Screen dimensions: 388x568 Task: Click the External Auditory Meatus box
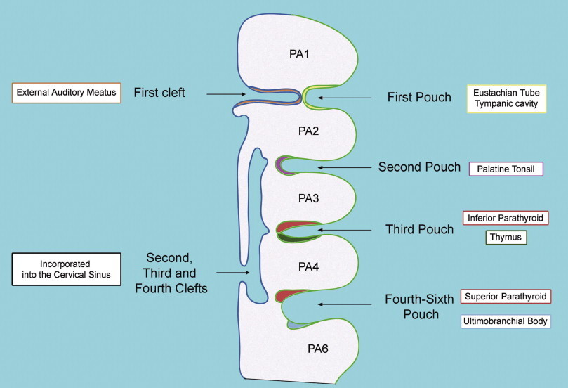[x=67, y=92]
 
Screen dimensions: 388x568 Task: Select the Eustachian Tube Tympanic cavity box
[x=506, y=98]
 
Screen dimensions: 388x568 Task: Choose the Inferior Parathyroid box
[x=505, y=219]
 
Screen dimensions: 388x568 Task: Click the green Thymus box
[x=506, y=238]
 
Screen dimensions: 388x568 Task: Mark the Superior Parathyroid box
[x=506, y=296]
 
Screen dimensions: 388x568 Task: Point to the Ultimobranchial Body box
[x=506, y=321]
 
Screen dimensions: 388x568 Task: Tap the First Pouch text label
[x=419, y=98]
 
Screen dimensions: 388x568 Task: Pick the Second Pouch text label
[x=419, y=167]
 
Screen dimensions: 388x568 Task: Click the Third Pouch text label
[x=419, y=229]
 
